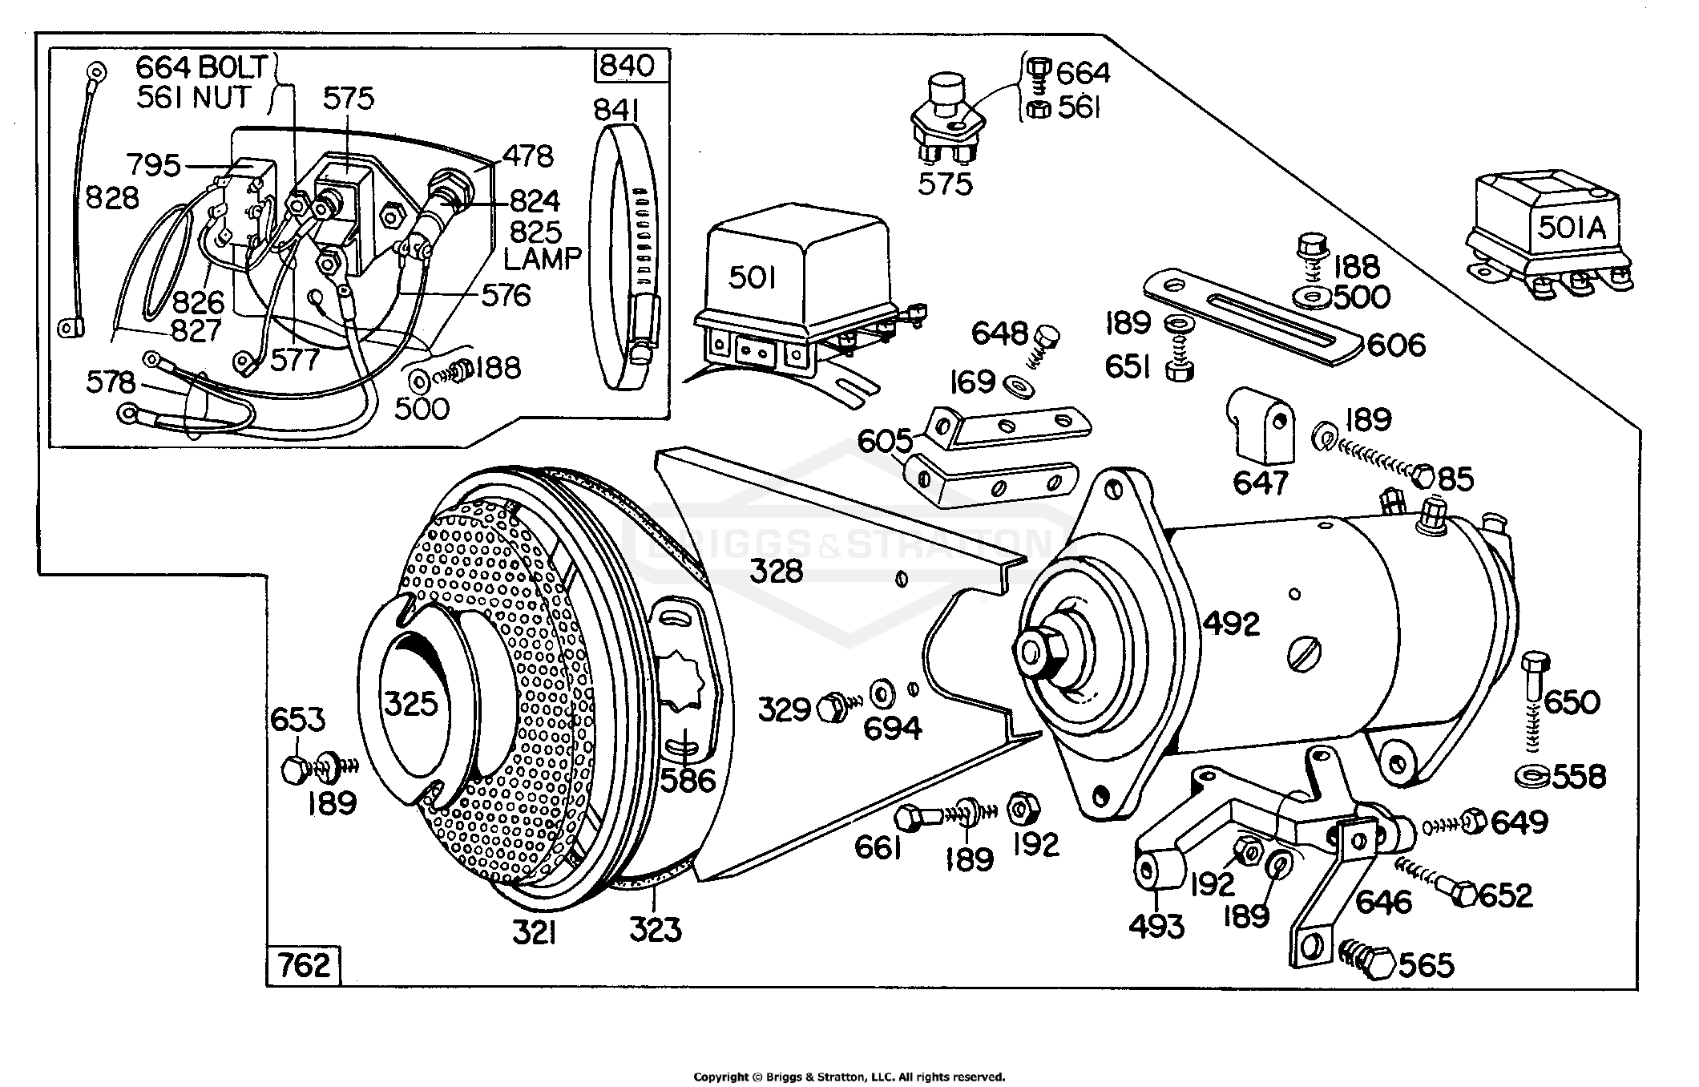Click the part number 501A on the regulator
tap(1572, 228)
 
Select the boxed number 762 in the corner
tap(305, 966)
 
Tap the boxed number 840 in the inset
tap(628, 66)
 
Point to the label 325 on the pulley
tap(411, 705)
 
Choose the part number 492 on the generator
tap(1232, 623)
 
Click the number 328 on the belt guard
tap(777, 572)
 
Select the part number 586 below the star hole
tap(687, 779)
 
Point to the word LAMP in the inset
tap(543, 258)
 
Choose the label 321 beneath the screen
tap(535, 932)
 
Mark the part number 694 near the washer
tap(892, 728)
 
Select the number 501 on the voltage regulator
tap(753, 278)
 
